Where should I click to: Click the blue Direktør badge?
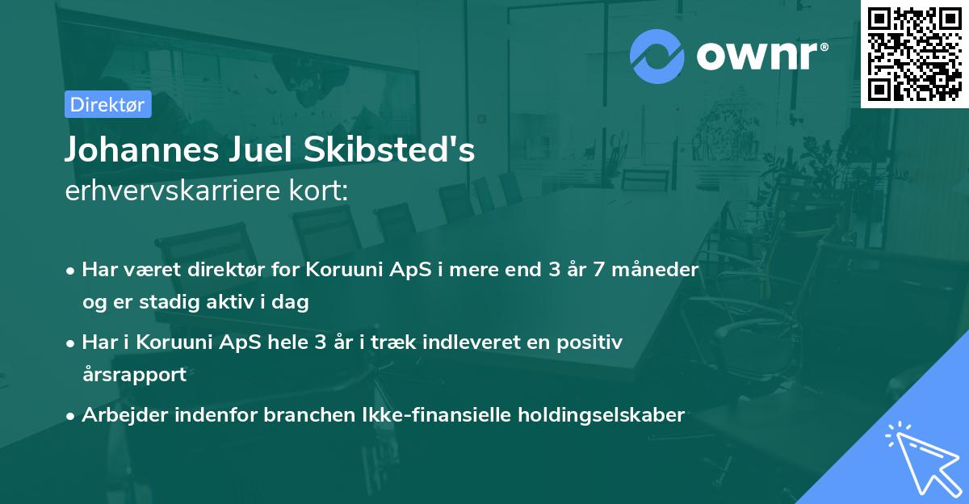click(107, 105)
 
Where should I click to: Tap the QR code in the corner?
click(914, 53)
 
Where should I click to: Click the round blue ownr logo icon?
click(657, 57)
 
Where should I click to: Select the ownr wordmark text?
click(759, 57)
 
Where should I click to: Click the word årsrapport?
click(134, 374)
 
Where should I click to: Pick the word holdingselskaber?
click(608, 415)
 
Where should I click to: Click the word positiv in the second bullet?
click(594, 342)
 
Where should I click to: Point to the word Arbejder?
click(120, 415)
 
